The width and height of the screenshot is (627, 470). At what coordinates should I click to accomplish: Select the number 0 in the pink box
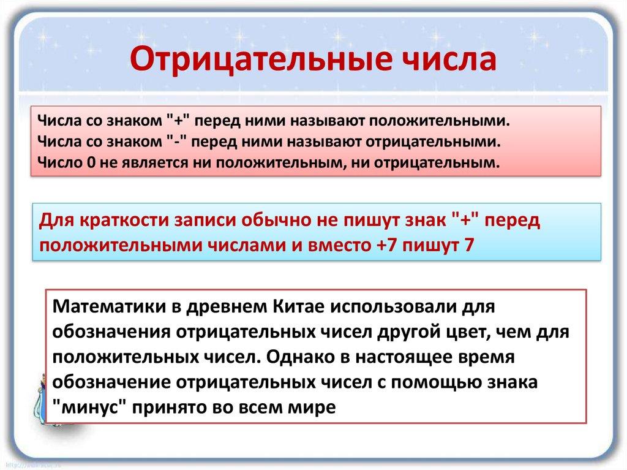point(91,162)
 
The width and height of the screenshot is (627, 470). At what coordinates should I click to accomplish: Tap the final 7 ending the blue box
point(469,244)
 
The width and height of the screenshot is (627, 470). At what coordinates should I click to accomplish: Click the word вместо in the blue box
point(339,245)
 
